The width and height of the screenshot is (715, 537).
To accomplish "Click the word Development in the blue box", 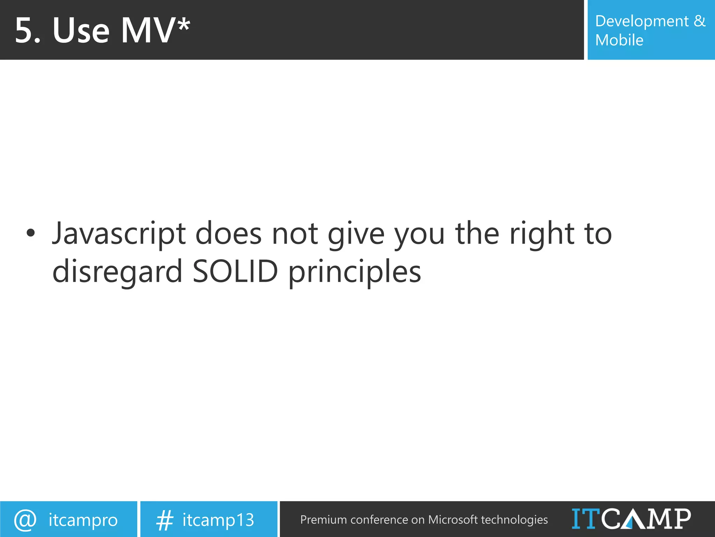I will pyautogui.click(x=642, y=22).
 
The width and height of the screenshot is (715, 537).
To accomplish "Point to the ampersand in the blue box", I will pyautogui.click(x=700, y=21).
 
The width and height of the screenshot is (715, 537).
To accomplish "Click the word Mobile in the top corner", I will pyautogui.click(x=619, y=40).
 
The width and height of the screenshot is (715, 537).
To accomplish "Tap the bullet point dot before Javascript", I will pyautogui.click(x=31, y=233).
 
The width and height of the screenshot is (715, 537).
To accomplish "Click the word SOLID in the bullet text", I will pyautogui.click(x=235, y=272).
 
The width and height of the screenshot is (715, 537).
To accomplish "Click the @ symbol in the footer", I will pyautogui.click(x=25, y=520).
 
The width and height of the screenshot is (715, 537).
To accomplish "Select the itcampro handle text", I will pyautogui.click(x=83, y=520).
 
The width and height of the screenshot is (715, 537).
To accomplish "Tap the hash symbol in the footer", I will pyautogui.click(x=164, y=520).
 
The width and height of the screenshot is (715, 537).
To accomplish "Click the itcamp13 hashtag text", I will pyautogui.click(x=218, y=520).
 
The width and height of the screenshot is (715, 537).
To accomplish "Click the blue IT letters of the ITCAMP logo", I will pyautogui.click(x=586, y=519).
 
